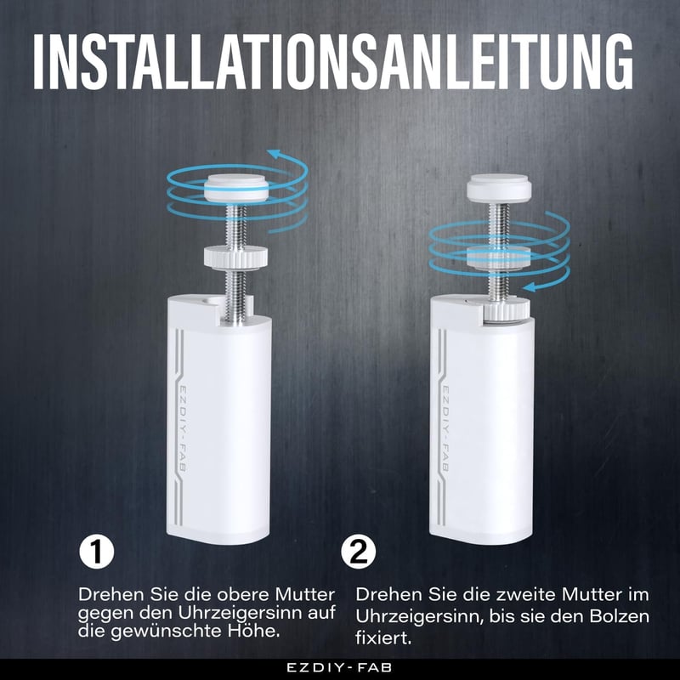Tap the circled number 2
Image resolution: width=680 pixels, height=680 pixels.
point(359,551)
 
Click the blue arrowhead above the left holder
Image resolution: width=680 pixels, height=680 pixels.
point(274,153)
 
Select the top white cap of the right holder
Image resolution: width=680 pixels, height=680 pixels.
point(499,188)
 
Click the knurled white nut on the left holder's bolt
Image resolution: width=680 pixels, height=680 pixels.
point(237,257)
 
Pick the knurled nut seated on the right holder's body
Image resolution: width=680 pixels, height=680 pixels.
point(506,310)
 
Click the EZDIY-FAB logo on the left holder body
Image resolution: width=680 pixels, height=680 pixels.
point(183,428)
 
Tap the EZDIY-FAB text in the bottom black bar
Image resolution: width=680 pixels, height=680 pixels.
point(339,668)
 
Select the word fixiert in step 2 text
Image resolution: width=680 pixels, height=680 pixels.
point(383,638)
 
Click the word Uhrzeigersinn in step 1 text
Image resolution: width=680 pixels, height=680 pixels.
point(240,614)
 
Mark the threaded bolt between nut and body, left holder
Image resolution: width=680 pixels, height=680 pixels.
point(235,295)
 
